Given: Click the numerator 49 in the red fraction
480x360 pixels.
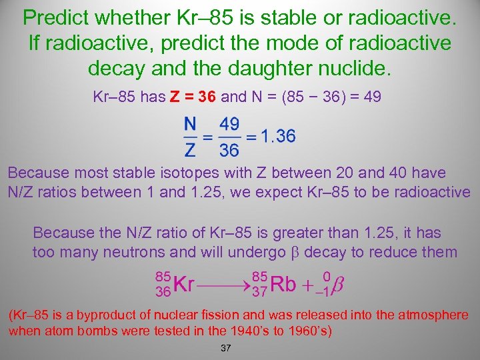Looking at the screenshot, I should (229, 125).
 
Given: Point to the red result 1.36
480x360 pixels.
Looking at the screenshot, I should (278, 137).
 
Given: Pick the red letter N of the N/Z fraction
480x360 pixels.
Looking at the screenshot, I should (189, 124).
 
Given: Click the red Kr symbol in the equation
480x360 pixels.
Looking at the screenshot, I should (183, 284).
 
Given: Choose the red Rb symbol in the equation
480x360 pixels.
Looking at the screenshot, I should (283, 284).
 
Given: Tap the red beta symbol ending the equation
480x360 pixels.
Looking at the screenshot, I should (337, 285).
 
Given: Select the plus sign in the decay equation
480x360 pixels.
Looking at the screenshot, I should (307, 285).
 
